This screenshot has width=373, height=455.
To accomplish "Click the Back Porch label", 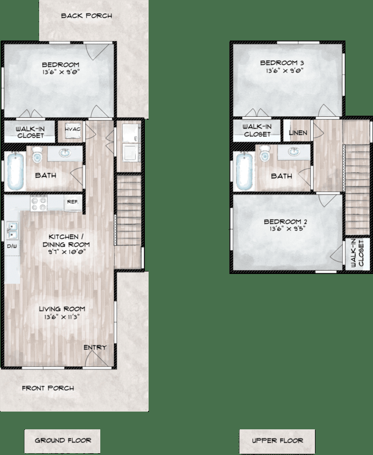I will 86,16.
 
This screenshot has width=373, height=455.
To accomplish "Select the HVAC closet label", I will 73,130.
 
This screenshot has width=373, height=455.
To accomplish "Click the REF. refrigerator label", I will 72,201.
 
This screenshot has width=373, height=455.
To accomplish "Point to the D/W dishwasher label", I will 12,246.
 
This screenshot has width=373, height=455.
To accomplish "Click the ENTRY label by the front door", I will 95,347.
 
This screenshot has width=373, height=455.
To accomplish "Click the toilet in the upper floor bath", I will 265,155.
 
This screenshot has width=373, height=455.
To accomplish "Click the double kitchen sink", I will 12,231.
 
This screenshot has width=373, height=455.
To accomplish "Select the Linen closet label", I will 298,132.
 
